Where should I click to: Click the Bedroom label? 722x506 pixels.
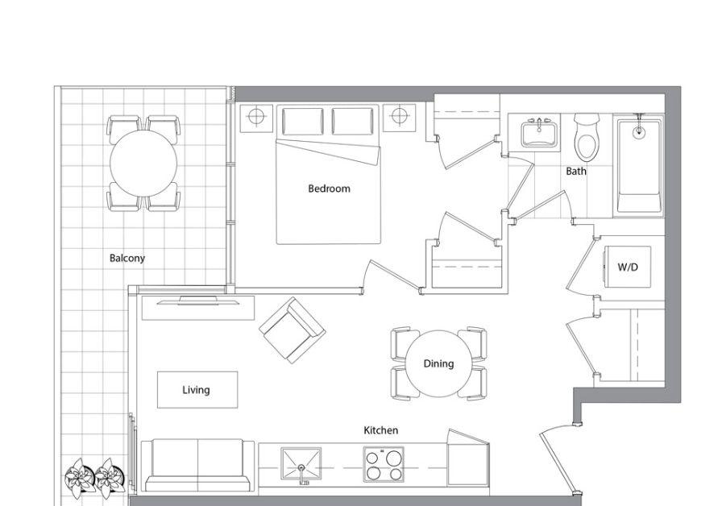[x=329, y=189]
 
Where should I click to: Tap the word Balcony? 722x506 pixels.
[x=127, y=258]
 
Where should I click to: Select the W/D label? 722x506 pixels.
[x=628, y=267]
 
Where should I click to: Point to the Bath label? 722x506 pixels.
[x=576, y=171]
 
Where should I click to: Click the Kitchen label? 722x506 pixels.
[x=381, y=430]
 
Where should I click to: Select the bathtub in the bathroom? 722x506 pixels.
[x=639, y=164]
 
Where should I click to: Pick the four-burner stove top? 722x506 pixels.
[x=384, y=464]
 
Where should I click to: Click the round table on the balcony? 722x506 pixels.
[x=143, y=164]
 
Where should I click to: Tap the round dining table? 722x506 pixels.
[x=438, y=363]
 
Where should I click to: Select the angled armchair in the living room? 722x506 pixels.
[x=293, y=330]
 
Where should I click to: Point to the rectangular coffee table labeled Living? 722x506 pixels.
[x=197, y=389]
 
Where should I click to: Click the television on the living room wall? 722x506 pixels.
[x=198, y=301]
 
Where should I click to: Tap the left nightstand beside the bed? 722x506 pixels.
[x=256, y=118]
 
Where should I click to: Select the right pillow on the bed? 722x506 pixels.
[x=353, y=122]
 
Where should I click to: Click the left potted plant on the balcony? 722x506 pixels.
[x=78, y=478]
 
